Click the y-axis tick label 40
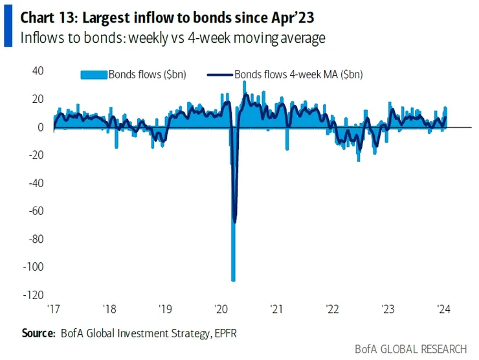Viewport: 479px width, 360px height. point(38,71)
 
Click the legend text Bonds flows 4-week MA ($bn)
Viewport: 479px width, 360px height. point(298,74)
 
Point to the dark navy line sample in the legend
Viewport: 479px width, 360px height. point(219,74)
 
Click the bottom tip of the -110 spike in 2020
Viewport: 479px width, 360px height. point(233,280)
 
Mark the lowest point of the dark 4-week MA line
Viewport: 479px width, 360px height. point(234,222)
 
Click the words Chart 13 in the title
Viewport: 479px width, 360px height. point(47,13)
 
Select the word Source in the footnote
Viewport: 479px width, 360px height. point(38,333)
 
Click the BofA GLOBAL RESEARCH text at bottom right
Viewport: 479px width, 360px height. point(410,350)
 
